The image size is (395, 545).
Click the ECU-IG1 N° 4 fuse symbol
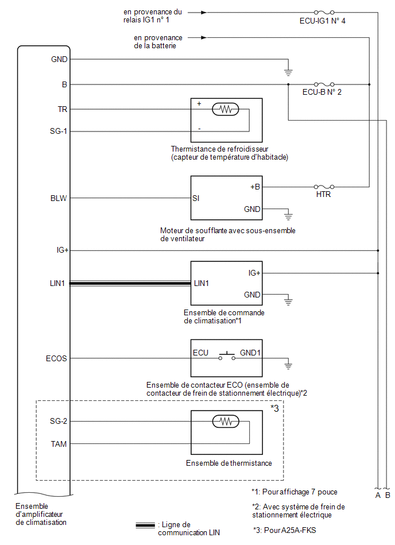pos(324,13)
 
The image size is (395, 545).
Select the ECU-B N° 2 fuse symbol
pos(324,84)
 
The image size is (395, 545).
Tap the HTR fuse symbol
pos(324,187)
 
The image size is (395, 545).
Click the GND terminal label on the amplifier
pos(59,59)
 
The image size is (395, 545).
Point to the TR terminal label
pos(63,110)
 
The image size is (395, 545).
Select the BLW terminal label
pos(59,199)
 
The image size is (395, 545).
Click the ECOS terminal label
pos(56,358)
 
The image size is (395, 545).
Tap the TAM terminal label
pos(59,444)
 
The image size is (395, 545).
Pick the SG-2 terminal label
pos(59,422)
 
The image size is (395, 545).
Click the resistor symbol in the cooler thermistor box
pos(226,110)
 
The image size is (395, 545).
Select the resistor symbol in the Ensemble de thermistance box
pos(226,422)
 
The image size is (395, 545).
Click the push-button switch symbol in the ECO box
pos(227,356)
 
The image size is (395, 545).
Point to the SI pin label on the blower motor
pos(196,199)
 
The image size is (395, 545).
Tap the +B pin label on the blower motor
pos(255,187)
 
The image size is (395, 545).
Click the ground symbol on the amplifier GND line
pos(288,72)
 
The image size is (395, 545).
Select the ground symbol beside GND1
pos(288,365)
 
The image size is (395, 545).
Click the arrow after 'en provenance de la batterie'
pos(197,37)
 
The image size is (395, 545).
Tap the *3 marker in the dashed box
pos(275,408)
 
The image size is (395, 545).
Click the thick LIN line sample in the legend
pos(145,525)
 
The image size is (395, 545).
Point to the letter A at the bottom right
pos(378,495)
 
